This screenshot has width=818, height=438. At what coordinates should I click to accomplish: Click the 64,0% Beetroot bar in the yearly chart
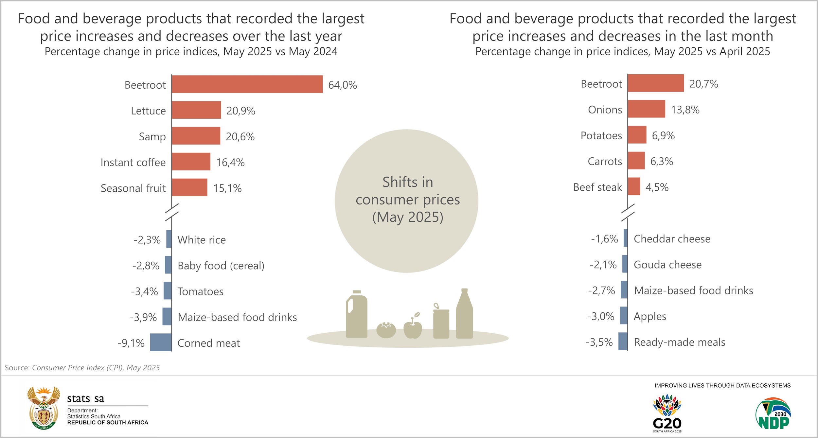[247, 84]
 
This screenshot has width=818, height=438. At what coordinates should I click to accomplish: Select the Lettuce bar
[196, 110]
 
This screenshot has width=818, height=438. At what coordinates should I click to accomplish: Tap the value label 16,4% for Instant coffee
[230, 162]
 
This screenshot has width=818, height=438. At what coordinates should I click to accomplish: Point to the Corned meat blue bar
[161, 342]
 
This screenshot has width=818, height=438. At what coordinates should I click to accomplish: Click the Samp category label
[152, 136]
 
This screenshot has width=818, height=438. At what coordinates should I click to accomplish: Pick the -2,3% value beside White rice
[147, 240]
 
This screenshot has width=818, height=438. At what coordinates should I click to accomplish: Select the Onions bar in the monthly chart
[647, 109]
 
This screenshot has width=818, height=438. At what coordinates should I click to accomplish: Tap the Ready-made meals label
[680, 342]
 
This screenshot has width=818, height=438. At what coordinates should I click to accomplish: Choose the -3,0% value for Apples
[601, 316]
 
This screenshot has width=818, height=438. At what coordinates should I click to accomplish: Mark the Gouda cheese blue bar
[625, 264]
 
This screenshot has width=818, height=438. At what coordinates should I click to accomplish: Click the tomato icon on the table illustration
[386, 330]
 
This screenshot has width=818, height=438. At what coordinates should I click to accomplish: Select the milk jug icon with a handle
[357, 314]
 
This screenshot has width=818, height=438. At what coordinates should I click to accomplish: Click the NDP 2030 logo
[773, 413]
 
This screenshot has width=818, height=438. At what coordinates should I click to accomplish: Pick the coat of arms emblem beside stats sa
[44, 408]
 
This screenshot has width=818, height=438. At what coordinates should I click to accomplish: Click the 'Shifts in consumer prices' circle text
[407, 200]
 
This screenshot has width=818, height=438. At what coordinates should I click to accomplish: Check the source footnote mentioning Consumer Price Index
[82, 368]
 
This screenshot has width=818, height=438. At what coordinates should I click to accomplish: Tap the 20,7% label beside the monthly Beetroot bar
[703, 84]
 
